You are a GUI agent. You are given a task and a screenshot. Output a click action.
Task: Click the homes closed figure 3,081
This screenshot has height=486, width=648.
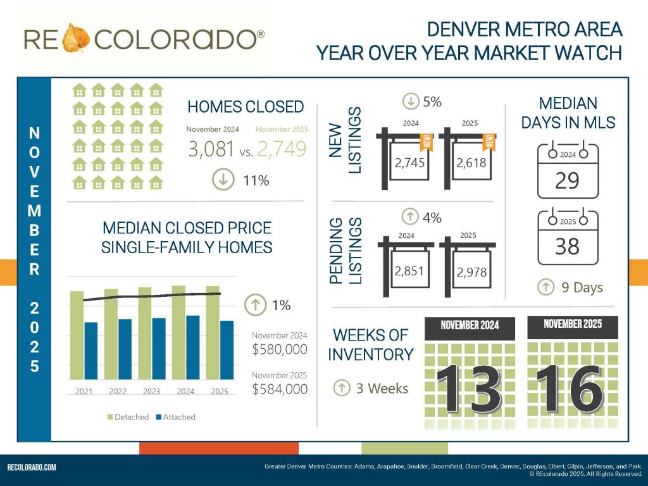(x=212, y=149)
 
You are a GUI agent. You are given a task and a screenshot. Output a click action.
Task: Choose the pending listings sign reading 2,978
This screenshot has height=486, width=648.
(x=471, y=271)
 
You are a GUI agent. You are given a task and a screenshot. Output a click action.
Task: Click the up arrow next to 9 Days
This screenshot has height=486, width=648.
(x=545, y=287)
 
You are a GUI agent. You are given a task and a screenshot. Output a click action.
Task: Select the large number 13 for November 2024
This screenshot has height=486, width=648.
(x=469, y=389)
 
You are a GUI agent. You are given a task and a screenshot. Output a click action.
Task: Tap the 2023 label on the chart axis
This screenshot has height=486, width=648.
(x=151, y=392)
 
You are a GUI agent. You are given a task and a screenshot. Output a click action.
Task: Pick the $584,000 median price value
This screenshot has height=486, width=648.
(x=280, y=389)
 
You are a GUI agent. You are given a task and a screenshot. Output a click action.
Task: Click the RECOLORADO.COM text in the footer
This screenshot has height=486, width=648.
(x=32, y=468)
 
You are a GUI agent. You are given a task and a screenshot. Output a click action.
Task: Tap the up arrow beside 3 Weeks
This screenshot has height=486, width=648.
(x=342, y=388)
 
